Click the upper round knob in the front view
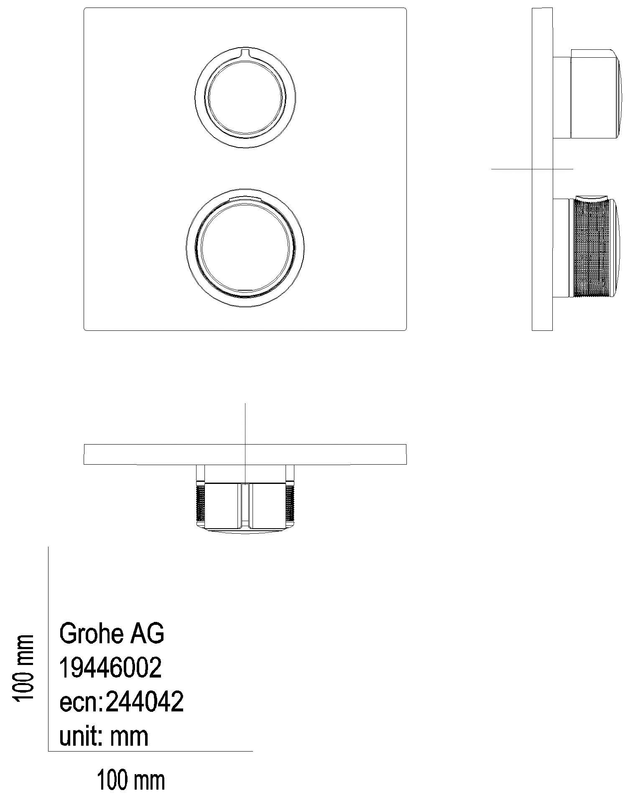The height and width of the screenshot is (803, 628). tap(245, 99)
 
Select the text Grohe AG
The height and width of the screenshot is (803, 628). tap(112, 634)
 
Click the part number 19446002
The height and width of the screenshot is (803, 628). tap(110, 668)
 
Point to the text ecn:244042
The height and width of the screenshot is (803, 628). tap(121, 702)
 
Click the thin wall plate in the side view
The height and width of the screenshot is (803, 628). tap(542, 251)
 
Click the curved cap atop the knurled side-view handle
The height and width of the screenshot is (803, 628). tap(592, 197)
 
